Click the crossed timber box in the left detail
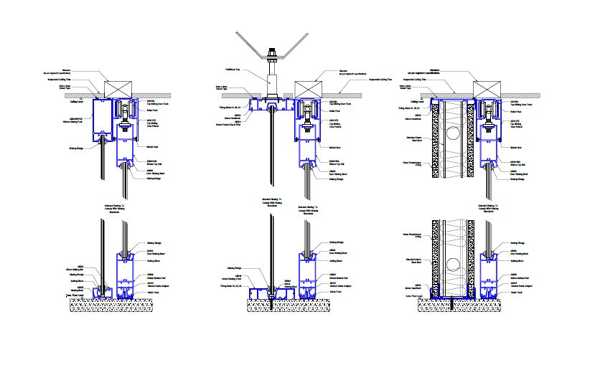[118, 90]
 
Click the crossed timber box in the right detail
[486, 90]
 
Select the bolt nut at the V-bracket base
[273, 54]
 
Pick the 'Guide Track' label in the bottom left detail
[154, 292]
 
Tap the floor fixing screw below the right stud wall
[452, 304]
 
